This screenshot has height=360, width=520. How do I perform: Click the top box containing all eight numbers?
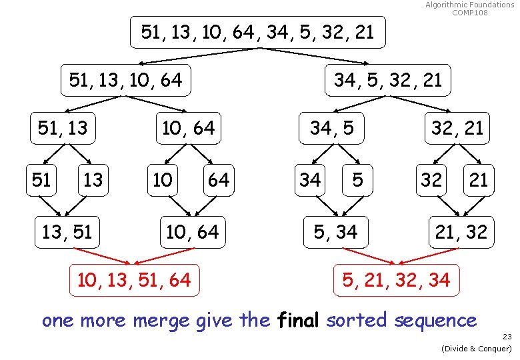click(257, 31)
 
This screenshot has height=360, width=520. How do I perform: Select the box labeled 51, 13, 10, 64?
click(125, 80)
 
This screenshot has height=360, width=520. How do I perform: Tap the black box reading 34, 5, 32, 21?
click(387, 80)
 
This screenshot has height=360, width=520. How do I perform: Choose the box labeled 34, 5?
click(331, 127)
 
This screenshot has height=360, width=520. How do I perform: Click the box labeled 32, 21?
click(457, 127)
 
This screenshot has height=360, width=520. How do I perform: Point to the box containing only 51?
click(41, 179)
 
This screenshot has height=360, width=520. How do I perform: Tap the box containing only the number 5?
click(358, 179)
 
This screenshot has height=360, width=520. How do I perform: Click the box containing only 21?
click(478, 179)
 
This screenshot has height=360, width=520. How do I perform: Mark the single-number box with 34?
click(309, 179)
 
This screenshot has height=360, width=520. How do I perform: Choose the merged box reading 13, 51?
click(67, 232)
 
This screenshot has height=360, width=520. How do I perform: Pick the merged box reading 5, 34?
click(336, 232)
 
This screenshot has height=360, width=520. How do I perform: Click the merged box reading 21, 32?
click(461, 232)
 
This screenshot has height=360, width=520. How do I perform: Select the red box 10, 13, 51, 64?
click(134, 280)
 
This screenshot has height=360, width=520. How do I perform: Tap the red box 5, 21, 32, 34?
click(396, 280)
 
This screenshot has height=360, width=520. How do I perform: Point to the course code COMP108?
click(470, 13)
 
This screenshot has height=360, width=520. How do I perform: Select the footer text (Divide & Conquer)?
click(475, 349)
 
